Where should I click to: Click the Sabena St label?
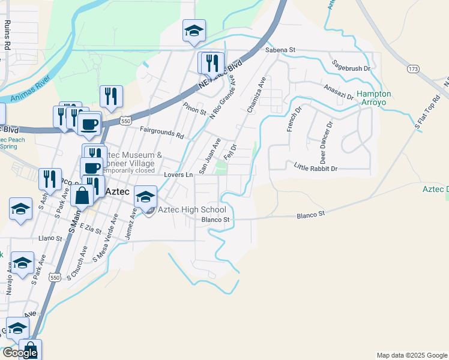coord(281,50)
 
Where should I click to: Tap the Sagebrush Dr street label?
coord(351,68)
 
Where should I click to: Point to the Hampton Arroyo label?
coord(374,98)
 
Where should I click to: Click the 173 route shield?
coord(412,70)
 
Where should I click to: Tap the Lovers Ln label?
coord(178,175)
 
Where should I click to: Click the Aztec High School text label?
coord(191,209)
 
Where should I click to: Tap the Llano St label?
coord(50,238)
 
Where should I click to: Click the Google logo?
coord(20,353)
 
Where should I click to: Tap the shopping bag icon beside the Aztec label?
coord(82,195)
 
